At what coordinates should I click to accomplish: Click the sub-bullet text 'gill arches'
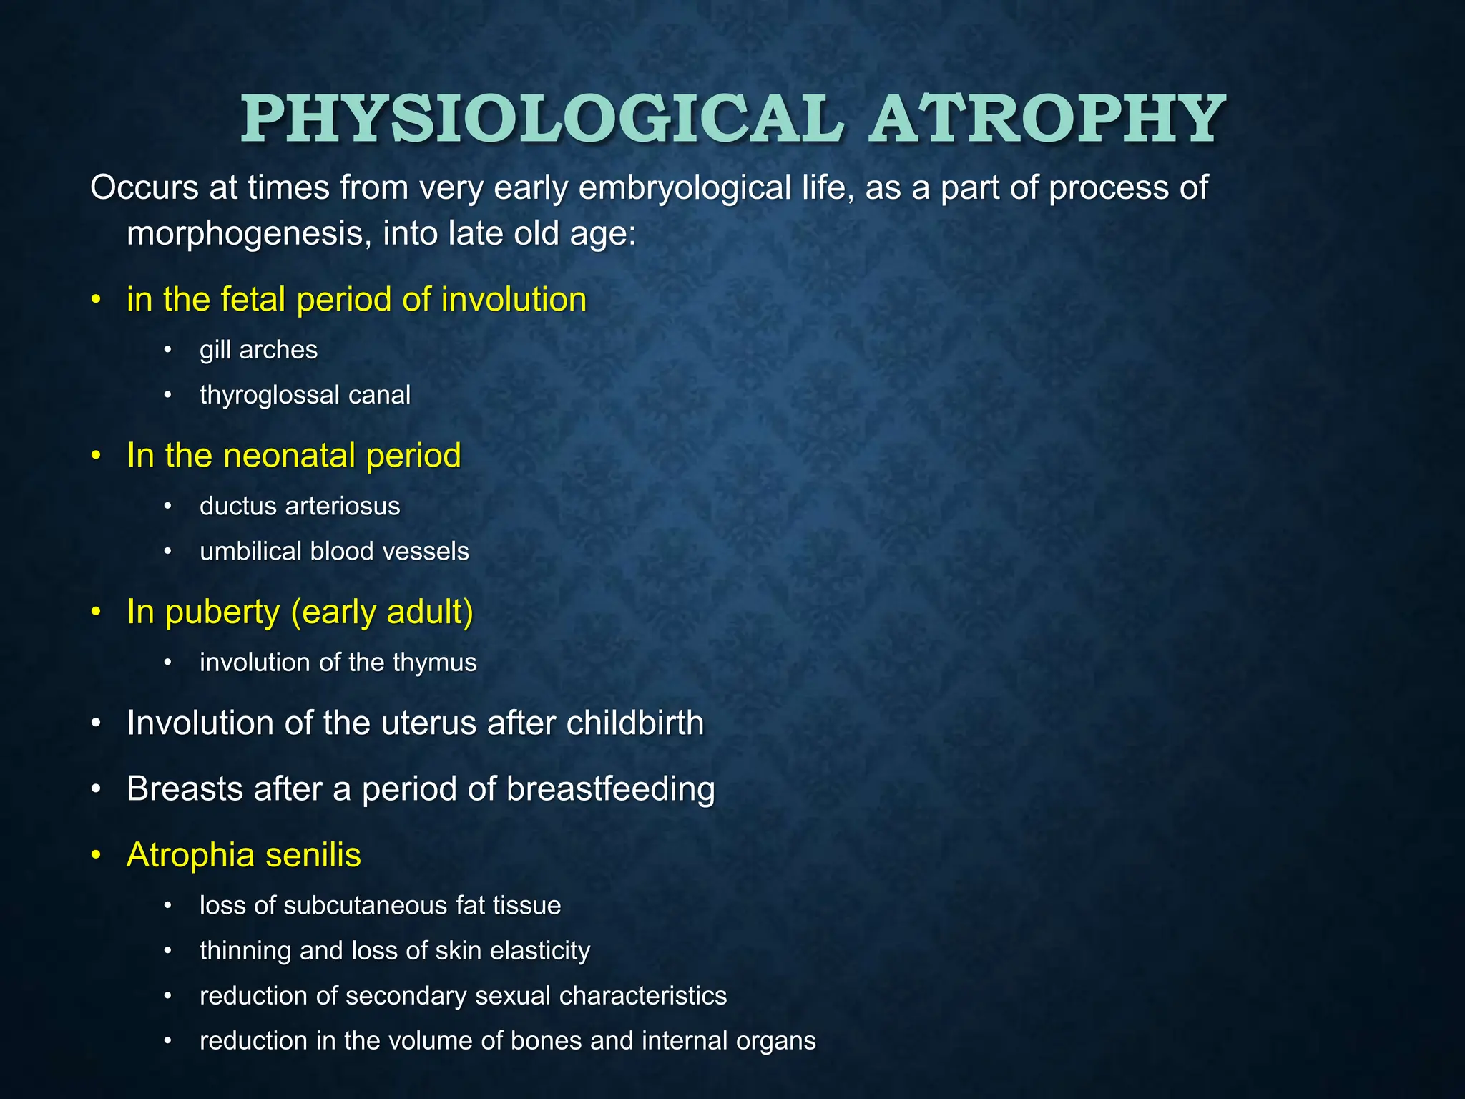tap(258, 350)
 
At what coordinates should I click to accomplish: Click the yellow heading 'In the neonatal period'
tap(293, 456)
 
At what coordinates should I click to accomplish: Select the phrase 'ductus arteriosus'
tap(300, 507)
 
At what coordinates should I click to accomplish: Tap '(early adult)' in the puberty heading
tap(382, 612)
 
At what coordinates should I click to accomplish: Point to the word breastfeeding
tap(610, 789)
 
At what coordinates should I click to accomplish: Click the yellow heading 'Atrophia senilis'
tap(243, 856)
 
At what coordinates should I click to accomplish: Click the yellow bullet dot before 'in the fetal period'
tap(96, 301)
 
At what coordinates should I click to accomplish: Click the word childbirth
tap(634, 723)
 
